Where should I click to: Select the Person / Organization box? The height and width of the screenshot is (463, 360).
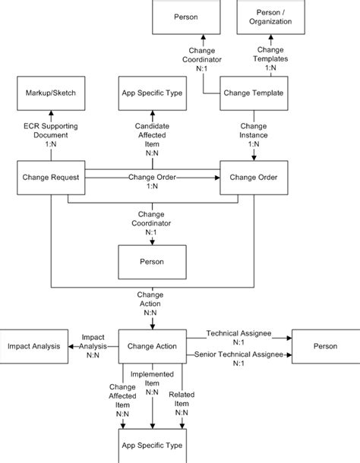pos(268,17)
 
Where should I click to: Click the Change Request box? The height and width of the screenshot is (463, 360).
pos(50,178)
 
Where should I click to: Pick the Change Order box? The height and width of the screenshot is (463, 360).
pos(253,178)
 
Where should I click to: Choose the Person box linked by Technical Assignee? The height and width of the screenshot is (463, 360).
pos(325,346)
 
